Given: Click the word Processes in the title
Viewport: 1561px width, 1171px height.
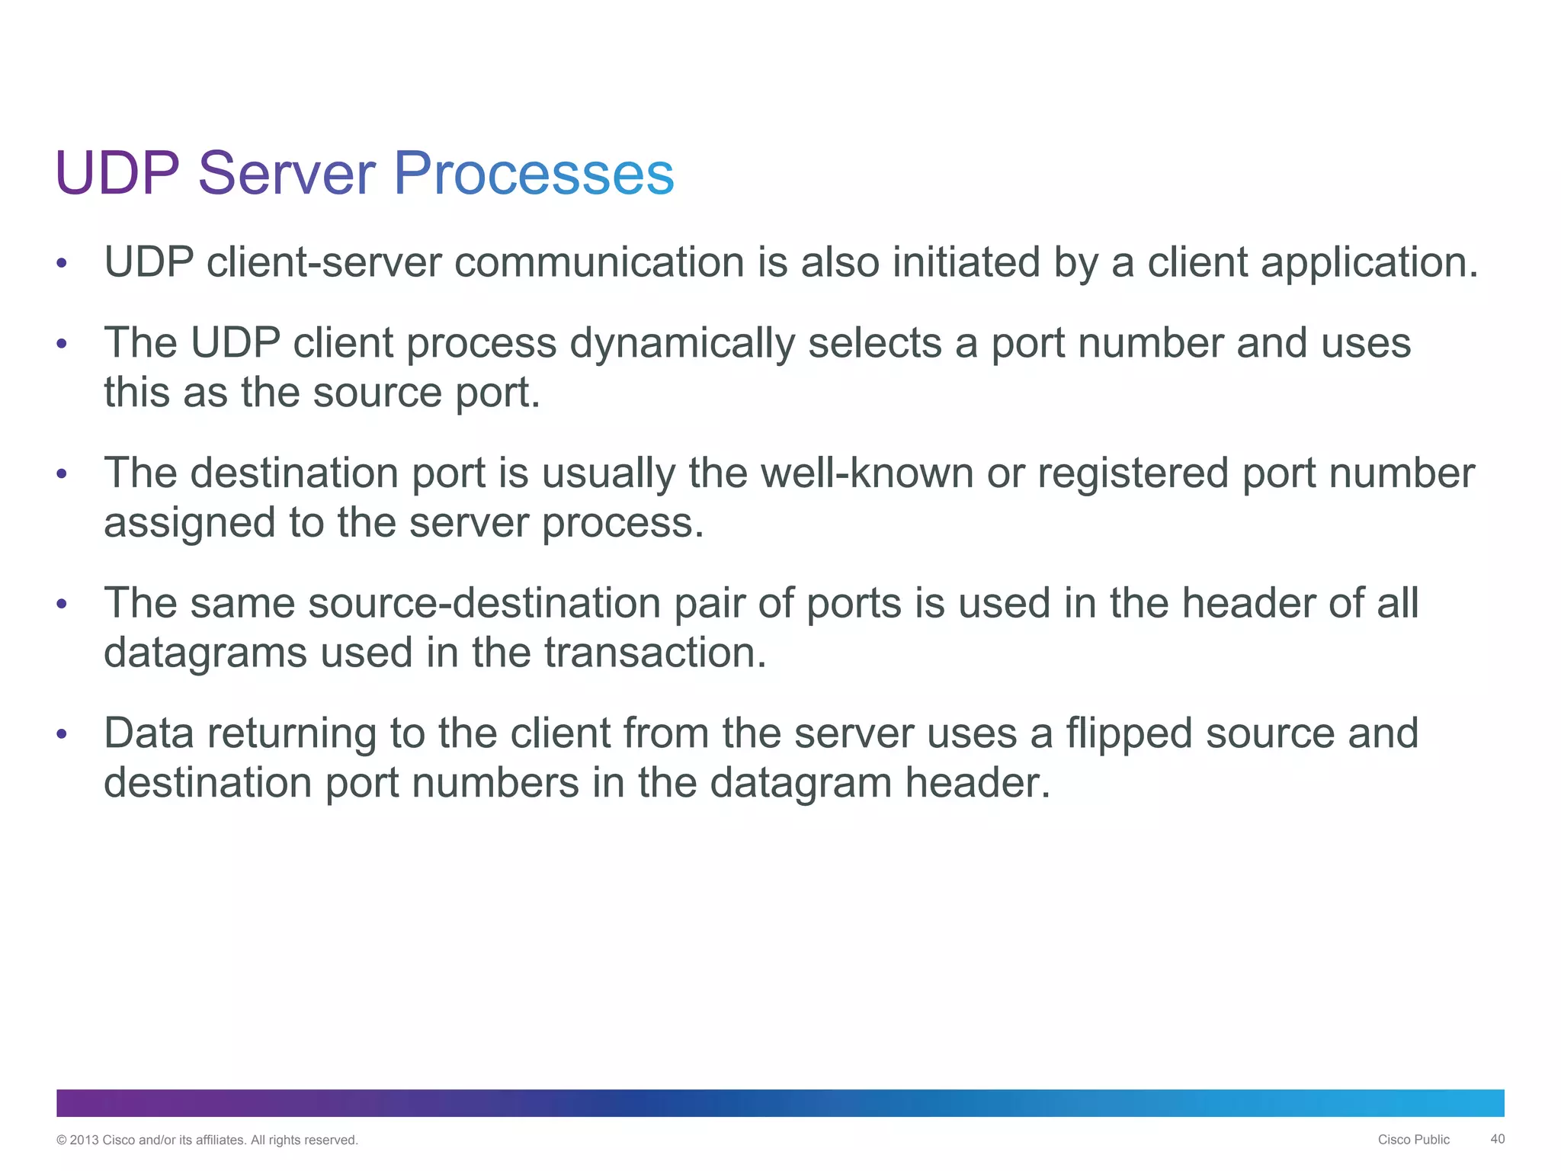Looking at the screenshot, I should [534, 174].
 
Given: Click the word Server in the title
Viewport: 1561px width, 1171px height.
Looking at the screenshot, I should [287, 174].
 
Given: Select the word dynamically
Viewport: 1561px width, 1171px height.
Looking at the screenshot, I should [682, 343].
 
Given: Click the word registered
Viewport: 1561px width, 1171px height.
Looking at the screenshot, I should [1133, 473].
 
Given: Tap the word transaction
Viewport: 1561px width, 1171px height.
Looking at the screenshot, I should [655, 653].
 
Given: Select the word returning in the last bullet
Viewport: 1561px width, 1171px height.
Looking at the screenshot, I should [292, 733].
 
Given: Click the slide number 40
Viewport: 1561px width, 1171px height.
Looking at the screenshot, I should [1497, 1139].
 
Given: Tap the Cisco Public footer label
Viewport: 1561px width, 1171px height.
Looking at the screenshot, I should [1413, 1140].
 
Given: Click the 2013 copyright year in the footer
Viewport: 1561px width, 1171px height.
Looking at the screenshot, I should [84, 1141].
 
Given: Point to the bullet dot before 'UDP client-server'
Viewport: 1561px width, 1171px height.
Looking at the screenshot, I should [62, 264].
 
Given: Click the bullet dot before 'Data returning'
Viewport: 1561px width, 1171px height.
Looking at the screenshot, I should [62, 734].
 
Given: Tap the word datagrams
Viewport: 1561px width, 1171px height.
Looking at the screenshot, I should [205, 653].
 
